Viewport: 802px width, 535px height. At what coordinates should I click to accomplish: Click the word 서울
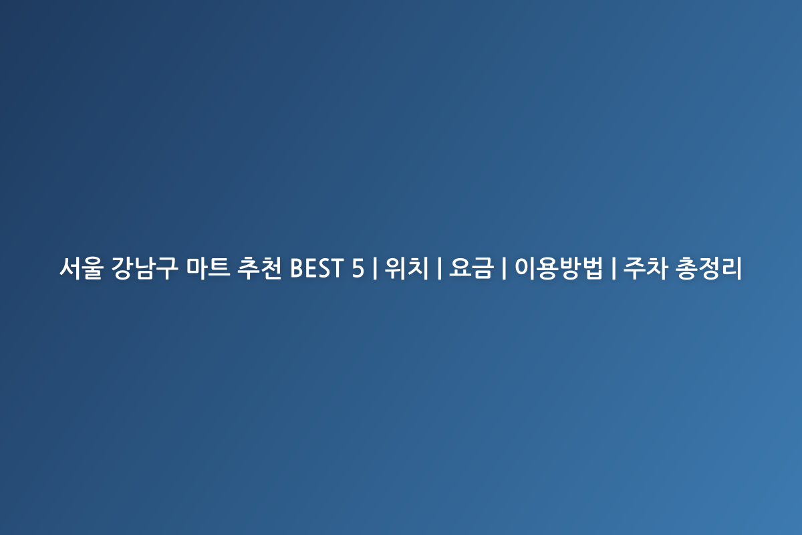coord(82,268)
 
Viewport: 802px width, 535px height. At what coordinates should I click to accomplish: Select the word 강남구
coord(144,268)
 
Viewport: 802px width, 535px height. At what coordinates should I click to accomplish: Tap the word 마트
coord(208,268)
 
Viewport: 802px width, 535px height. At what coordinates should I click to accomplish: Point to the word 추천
coord(259,268)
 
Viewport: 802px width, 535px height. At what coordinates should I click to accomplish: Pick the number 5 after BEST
coord(358,268)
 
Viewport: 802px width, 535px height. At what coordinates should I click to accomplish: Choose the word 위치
coord(406,268)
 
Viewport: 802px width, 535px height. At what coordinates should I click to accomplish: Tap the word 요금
coord(471,268)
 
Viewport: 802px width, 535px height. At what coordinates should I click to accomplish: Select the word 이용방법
coord(559,268)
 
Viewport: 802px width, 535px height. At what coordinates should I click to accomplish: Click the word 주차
coord(646,268)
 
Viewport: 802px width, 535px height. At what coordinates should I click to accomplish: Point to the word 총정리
coord(708,268)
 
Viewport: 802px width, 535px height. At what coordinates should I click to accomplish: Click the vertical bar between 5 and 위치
coord(374,268)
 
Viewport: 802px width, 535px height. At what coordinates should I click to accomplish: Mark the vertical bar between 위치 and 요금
coord(439,268)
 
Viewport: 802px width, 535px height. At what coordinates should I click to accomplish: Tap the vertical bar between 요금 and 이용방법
coord(504,268)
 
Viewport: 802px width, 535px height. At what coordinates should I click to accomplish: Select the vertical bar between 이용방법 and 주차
coord(614,268)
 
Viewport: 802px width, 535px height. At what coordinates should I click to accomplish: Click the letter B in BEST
coord(297,268)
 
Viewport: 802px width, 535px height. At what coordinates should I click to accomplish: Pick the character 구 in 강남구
coord(167,268)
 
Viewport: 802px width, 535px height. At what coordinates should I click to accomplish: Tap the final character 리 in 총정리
coord(731,268)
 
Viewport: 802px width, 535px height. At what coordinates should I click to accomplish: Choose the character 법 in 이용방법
coord(592,268)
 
